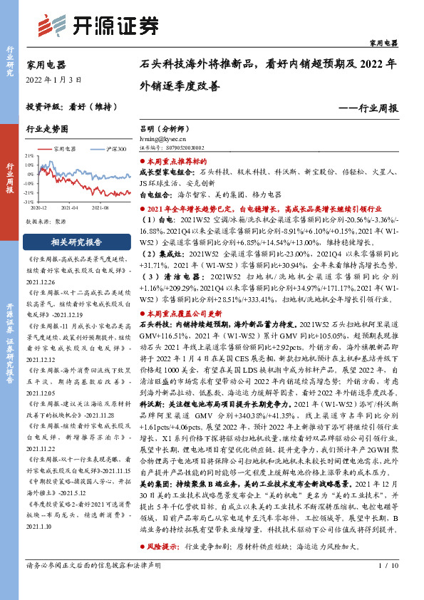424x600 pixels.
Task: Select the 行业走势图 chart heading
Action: click(48, 130)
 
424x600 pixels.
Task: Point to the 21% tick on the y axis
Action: click(29, 155)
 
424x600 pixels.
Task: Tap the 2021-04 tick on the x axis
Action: click(69, 207)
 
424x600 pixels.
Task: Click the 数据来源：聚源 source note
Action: click(47, 221)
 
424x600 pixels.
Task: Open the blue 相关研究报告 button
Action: click(76, 241)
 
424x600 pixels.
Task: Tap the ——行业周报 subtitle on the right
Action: click(367, 109)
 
